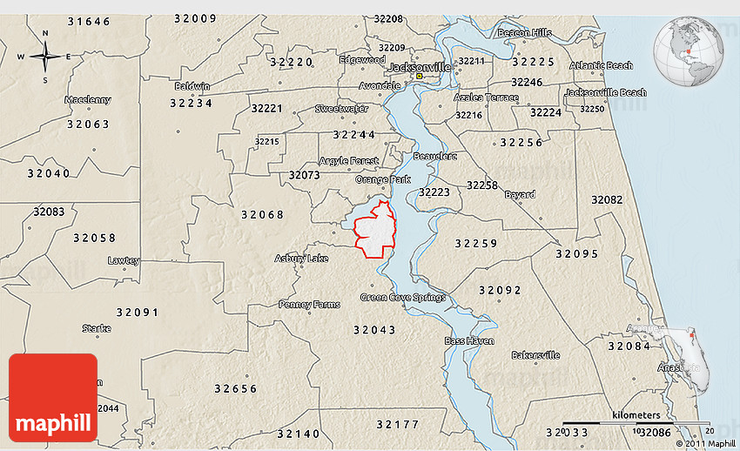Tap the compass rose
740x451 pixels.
(45, 57)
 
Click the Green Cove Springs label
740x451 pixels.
(402, 297)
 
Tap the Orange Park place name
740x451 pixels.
(382, 179)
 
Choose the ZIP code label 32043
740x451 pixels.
(374, 330)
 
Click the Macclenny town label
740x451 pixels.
(88, 100)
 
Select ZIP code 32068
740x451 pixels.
(262, 214)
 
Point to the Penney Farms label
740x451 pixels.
(307, 305)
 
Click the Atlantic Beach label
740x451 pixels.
(601, 65)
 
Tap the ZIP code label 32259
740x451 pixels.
(475, 244)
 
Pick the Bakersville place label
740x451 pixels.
(535, 355)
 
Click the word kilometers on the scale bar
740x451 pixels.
(636, 414)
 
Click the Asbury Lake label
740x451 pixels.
(301, 259)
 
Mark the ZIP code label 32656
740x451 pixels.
(235, 388)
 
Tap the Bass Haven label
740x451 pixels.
(469, 340)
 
